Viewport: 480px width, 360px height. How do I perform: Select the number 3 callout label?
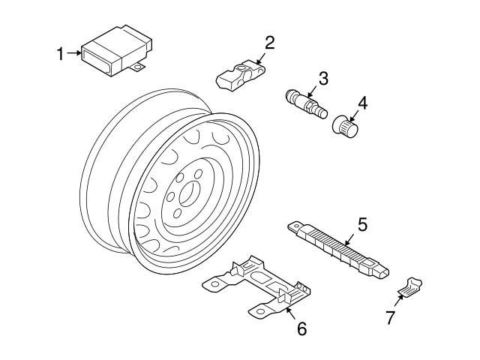pyautogui.click(x=323, y=77)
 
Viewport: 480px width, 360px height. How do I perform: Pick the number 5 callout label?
pyautogui.click(x=362, y=223)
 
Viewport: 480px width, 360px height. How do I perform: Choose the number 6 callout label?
pyautogui.click(x=301, y=328)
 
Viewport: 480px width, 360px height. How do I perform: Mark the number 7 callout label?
pyautogui.click(x=390, y=317)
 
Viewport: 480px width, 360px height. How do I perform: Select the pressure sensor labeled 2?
pyautogui.click(x=239, y=73)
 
